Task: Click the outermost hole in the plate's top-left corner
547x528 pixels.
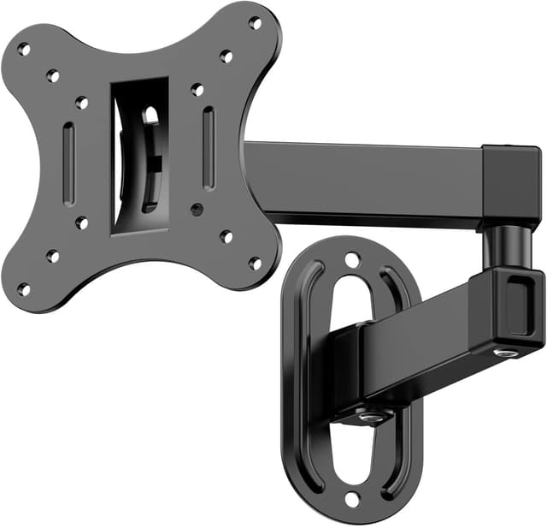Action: pyautogui.click(x=24, y=50)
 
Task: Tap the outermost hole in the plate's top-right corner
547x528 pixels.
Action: pyautogui.click(x=254, y=23)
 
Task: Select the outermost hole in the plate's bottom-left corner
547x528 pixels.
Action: pyautogui.click(x=24, y=288)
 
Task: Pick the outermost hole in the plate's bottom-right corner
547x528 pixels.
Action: pyautogui.click(x=254, y=264)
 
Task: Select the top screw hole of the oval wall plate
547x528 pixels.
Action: pyautogui.click(x=351, y=257)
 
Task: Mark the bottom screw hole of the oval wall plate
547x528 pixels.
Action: pyautogui.click(x=352, y=499)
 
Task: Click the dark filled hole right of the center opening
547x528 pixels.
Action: pyautogui.click(x=197, y=208)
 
